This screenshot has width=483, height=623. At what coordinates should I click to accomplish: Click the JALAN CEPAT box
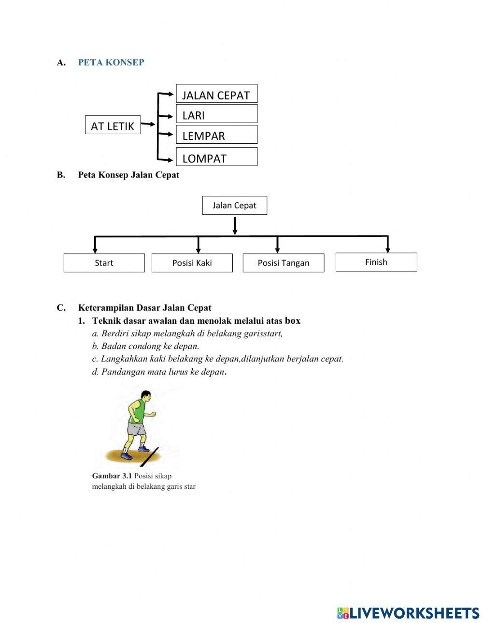(x=216, y=94)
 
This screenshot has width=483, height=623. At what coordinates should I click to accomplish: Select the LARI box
(x=216, y=114)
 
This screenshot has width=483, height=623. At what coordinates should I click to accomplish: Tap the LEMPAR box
(x=216, y=135)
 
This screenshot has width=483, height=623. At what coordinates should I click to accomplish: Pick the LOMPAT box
(x=216, y=157)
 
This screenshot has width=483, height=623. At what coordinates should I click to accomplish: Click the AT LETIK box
(x=113, y=125)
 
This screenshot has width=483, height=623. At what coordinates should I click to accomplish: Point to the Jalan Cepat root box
(x=234, y=206)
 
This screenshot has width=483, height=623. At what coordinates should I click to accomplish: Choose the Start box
(x=104, y=263)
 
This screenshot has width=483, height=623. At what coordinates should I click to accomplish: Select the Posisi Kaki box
(x=192, y=263)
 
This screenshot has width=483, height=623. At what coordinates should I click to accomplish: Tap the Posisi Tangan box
(x=283, y=263)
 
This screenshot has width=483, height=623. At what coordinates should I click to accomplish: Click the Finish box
(x=376, y=262)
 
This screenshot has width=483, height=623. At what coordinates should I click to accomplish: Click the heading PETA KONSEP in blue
(x=111, y=63)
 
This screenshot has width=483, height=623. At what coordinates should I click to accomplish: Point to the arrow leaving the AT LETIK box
(x=148, y=124)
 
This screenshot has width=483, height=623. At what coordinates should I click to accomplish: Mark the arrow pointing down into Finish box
(x=387, y=245)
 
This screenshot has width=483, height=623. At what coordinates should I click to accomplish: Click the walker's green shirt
(x=138, y=411)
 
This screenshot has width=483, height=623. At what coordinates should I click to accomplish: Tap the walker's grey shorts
(x=136, y=429)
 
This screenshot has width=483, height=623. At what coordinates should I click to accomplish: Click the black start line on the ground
(x=150, y=457)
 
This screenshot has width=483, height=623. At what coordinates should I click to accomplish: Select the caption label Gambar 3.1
(x=112, y=476)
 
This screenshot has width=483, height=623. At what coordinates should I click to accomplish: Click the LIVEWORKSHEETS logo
(x=408, y=613)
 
